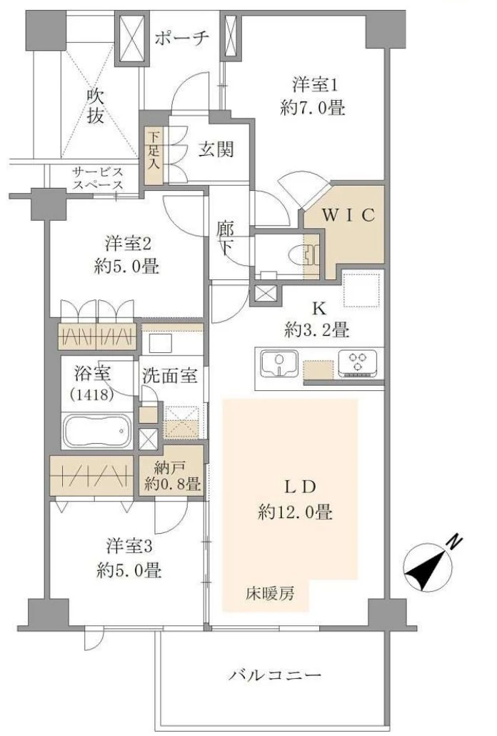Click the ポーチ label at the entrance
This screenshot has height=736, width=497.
pos(181,38)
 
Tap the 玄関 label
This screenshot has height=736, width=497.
pos(215,149)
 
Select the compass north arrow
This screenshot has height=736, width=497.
pos(428,569)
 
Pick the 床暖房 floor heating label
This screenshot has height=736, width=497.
pos(271,594)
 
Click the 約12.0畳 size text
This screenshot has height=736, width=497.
pos(296,512)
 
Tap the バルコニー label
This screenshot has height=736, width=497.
pos(275,675)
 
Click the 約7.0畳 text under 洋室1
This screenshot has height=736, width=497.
pos(313,109)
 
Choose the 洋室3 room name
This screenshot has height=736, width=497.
pos(128,547)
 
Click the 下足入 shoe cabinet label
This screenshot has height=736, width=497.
pos(154,151)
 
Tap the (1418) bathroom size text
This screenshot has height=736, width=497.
pos(92,394)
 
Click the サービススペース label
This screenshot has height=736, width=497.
pos(98,179)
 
